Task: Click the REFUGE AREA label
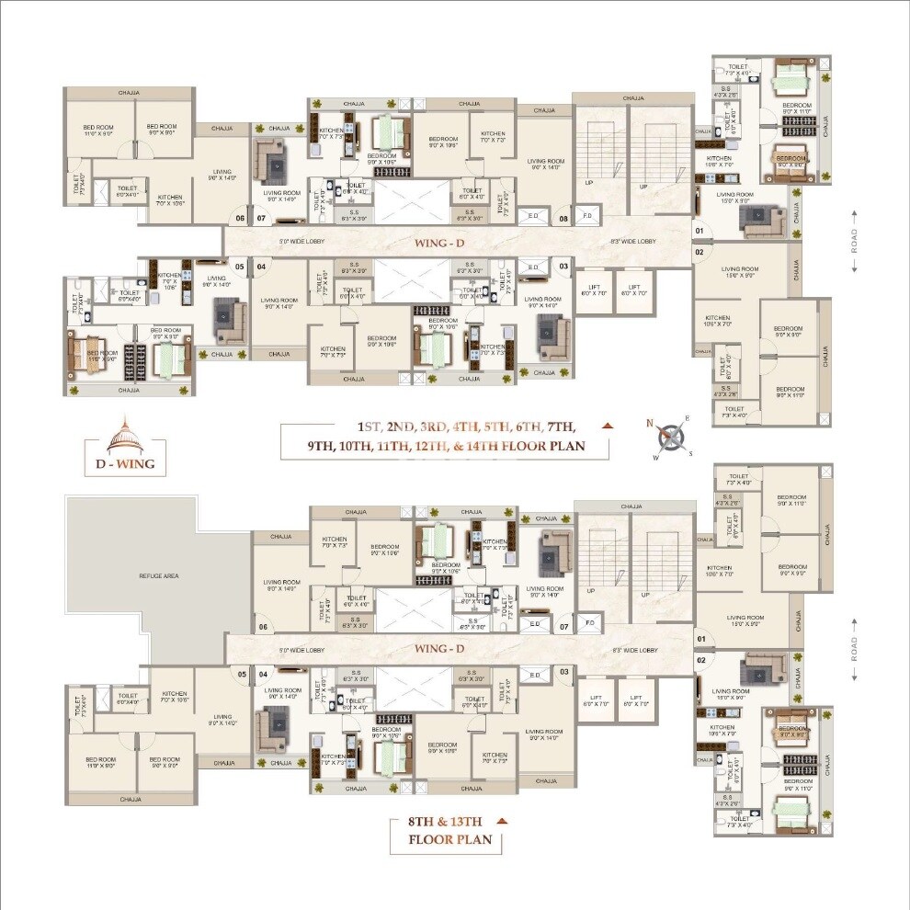tap(159, 575)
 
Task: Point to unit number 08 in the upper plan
tap(563, 219)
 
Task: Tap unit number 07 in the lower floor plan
tap(563, 628)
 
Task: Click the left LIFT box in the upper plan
tap(593, 290)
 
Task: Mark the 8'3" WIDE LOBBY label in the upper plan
tap(633, 242)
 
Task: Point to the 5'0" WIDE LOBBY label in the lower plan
tap(302, 650)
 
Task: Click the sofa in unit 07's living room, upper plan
tap(273, 161)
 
